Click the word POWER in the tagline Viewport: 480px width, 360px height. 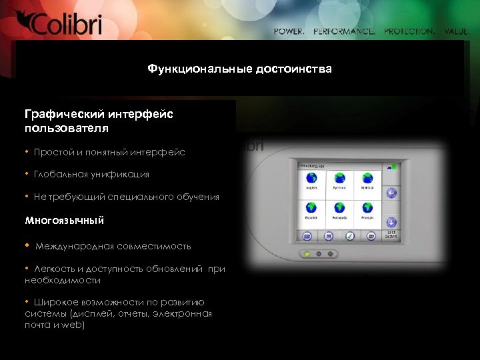point(289,31)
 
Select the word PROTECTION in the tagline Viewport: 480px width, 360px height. point(409,31)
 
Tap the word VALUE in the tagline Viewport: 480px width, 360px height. point(457,31)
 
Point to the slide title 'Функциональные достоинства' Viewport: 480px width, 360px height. point(239,69)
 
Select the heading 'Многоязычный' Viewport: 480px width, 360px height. point(64,219)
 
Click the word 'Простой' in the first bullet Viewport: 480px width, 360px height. point(54,152)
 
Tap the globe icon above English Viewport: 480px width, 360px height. point(311,178)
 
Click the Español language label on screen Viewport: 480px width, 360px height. point(311,218)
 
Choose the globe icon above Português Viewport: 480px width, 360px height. point(339,207)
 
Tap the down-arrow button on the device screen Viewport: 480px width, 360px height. point(391,222)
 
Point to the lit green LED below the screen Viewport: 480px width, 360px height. point(307,254)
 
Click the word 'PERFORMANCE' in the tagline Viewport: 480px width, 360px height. point(344,31)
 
